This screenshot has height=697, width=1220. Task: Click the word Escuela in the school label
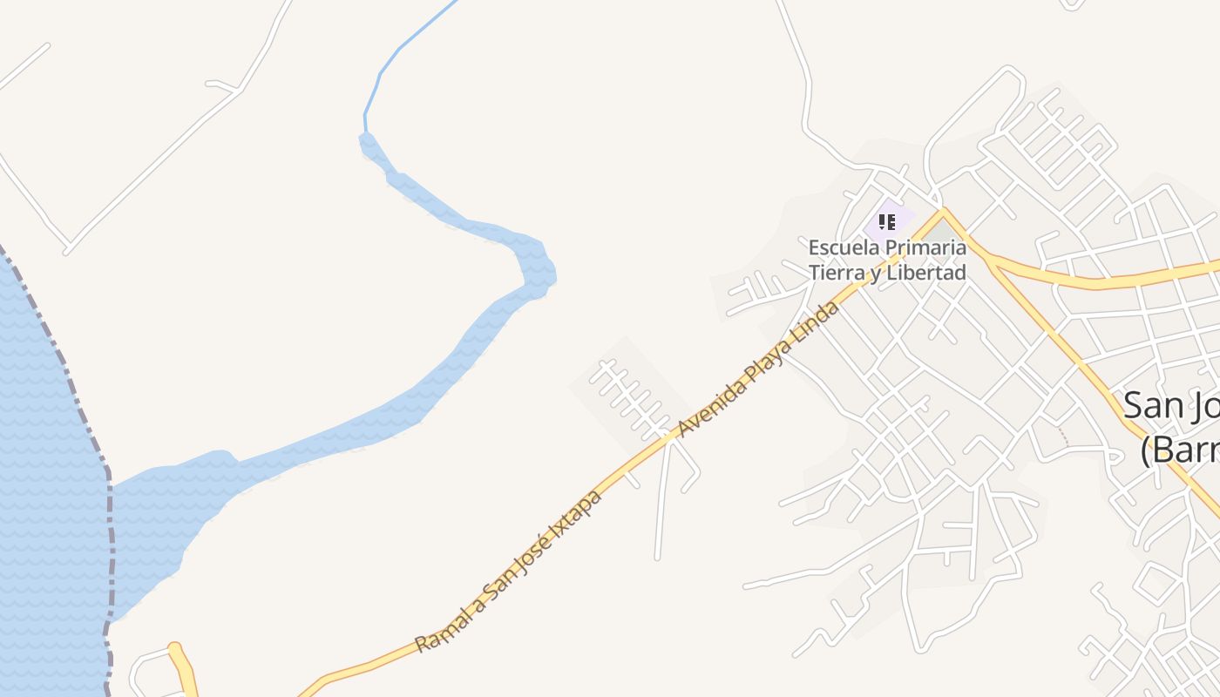(837, 247)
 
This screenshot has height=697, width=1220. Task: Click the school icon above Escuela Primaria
(887, 222)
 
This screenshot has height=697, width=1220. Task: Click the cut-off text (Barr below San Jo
(1180, 450)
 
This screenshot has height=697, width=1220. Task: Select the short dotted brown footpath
(1062, 436)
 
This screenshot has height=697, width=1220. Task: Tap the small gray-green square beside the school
(939, 231)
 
